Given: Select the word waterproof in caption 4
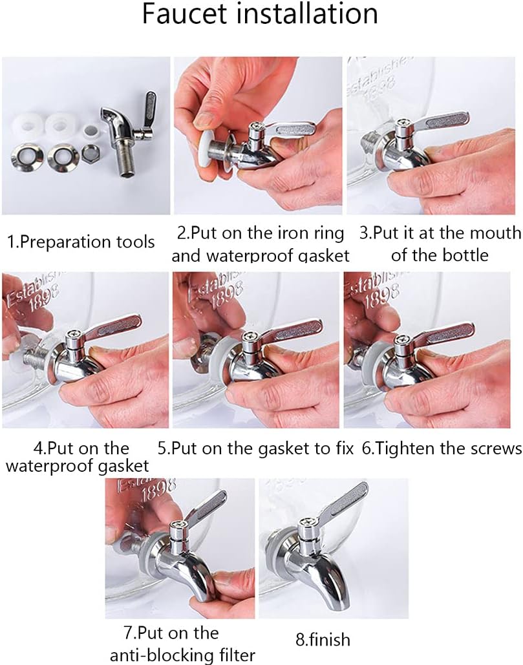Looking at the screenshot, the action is click(x=47, y=466).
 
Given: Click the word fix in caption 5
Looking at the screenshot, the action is click(x=345, y=449).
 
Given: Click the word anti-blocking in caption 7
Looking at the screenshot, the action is click(x=161, y=655).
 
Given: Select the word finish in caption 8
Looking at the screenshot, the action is click(x=329, y=640).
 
